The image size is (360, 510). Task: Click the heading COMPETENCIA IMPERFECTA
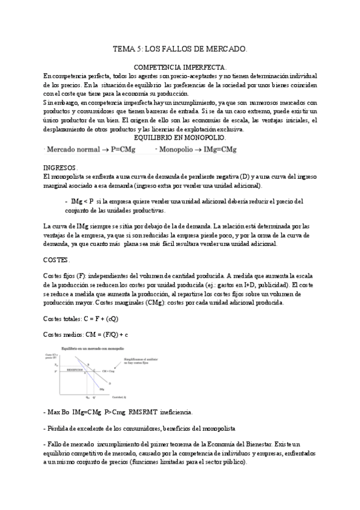[180, 69]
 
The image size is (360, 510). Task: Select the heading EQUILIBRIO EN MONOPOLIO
[179, 138]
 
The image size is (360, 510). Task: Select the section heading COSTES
[57, 260]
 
